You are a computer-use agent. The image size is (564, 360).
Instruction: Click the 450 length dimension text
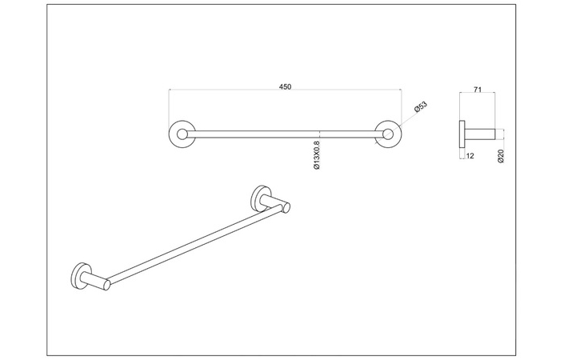click(x=285, y=86)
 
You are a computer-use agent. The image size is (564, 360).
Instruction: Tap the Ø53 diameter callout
click(x=421, y=107)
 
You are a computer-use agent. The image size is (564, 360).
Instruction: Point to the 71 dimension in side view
click(x=477, y=90)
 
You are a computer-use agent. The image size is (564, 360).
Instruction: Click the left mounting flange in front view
click(x=181, y=134)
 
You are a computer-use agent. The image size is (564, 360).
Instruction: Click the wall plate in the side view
click(x=462, y=134)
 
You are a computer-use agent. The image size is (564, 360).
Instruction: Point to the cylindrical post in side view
click(x=480, y=134)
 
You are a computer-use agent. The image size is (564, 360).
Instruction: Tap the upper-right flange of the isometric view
click(x=261, y=196)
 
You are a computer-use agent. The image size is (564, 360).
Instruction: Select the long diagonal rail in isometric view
click(x=192, y=245)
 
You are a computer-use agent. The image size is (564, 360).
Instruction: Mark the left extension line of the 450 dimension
click(x=169, y=108)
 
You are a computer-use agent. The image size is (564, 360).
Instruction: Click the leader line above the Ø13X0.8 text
click(x=320, y=136)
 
